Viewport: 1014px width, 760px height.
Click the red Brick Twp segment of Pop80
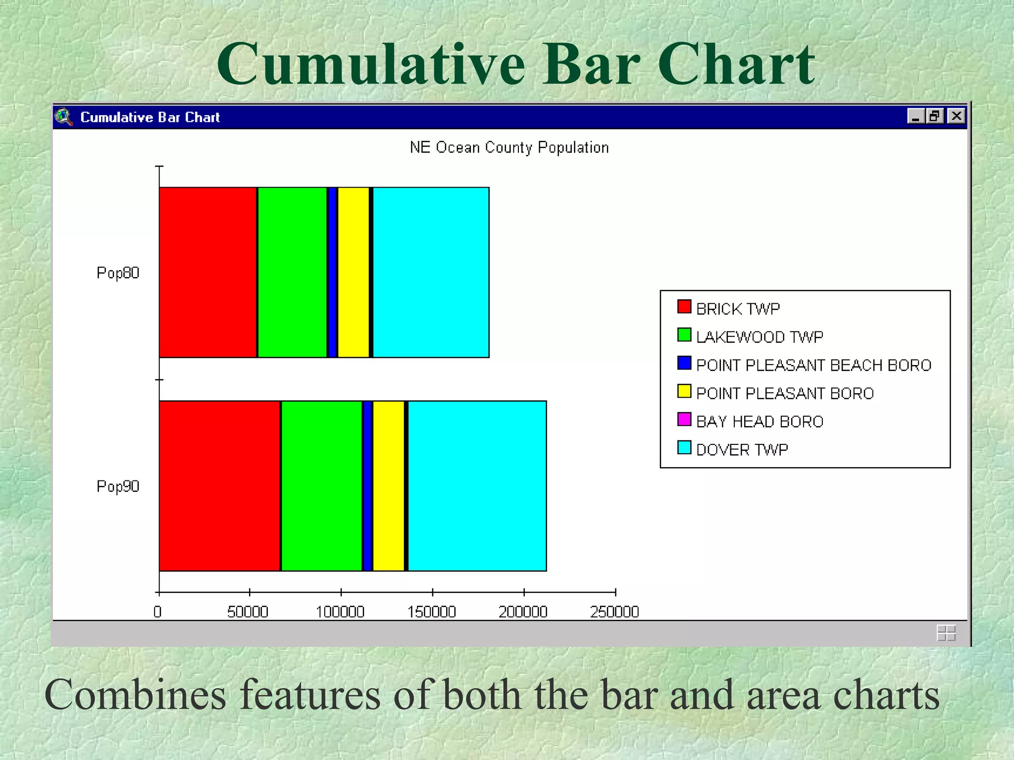tap(208, 272)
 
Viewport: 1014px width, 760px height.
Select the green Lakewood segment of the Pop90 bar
tap(321, 486)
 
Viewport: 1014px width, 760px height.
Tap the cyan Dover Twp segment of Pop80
tap(431, 272)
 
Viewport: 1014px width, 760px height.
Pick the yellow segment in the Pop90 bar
tap(388, 486)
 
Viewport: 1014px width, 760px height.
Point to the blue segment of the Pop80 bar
tap(332, 272)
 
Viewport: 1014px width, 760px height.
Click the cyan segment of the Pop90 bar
tap(477, 486)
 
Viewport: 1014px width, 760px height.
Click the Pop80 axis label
tap(118, 273)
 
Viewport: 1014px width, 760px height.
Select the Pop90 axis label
tap(118, 486)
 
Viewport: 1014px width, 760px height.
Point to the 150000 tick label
tap(431, 612)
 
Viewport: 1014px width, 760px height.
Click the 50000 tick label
tap(248, 612)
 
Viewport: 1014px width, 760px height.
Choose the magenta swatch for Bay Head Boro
tap(684, 420)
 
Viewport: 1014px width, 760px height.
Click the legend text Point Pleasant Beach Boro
tap(813, 365)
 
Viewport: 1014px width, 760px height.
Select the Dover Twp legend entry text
tap(742, 450)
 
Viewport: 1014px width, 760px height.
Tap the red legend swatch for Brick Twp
tap(684, 307)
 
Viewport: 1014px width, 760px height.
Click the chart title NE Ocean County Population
tap(509, 147)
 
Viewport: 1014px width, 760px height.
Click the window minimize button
tap(915, 116)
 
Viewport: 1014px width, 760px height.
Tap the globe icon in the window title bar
tap(64, 117)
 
